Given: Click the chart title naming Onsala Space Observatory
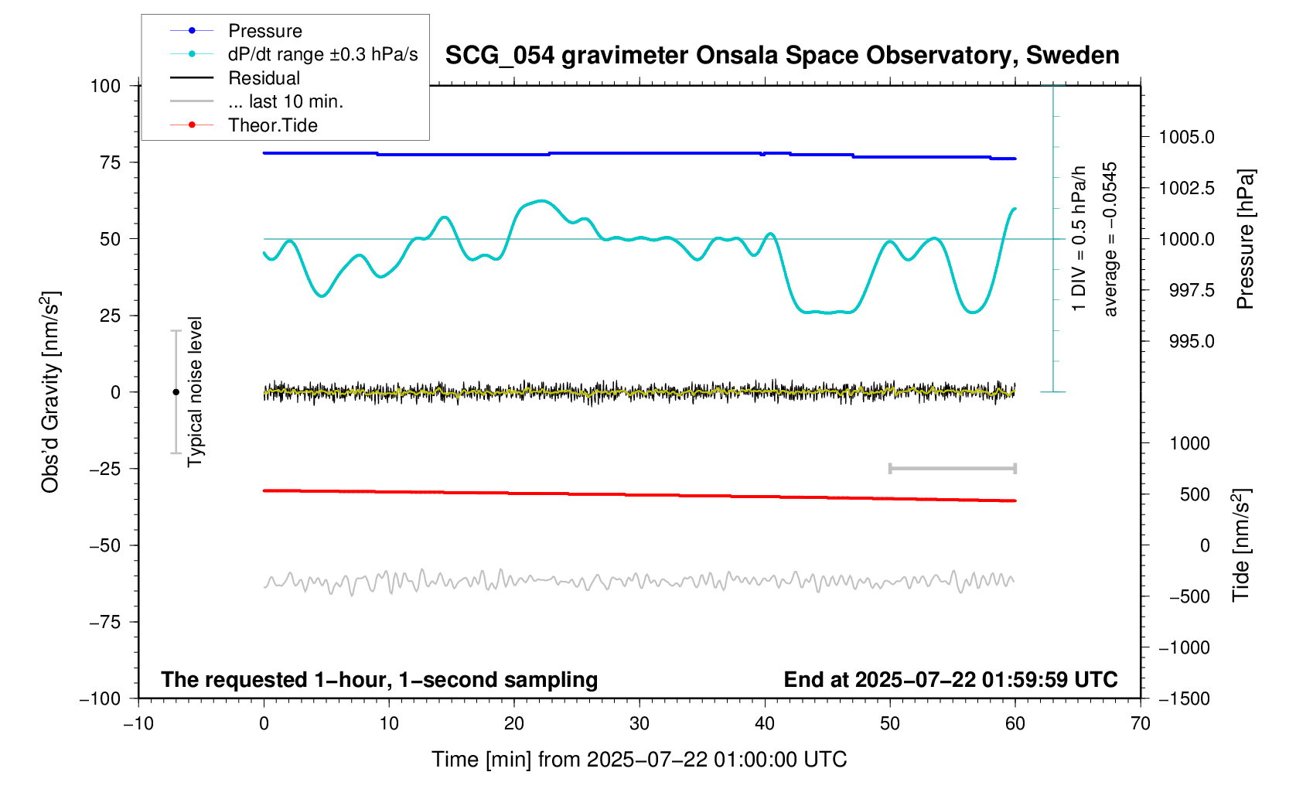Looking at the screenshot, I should pos(782,56).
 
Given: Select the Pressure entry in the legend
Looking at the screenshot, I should pos(264,31).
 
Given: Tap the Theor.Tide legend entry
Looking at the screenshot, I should pos(272,125).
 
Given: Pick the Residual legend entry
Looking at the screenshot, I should pos(264,78).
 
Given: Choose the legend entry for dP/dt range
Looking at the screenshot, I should pos(322,54).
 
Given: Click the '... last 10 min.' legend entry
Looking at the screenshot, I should pos(285,101).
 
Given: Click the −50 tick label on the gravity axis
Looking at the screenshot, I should pos(105,545).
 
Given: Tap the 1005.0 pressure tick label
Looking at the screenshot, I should pos(1186,138).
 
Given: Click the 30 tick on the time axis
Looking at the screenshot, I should pos(639,724).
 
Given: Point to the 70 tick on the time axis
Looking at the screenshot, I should pos(1140,724).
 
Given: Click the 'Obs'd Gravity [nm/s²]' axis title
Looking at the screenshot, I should pos(50,392).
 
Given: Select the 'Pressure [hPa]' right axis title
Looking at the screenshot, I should pos(1244,239).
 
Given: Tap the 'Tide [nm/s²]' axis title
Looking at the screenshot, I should pos(1240,545).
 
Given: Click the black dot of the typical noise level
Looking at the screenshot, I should pos(176,392).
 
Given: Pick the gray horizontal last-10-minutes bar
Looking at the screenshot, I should pos(952,469).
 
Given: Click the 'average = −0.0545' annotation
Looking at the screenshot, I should pos(1110,239).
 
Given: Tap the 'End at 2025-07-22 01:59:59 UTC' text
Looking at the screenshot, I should pos(950,680).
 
